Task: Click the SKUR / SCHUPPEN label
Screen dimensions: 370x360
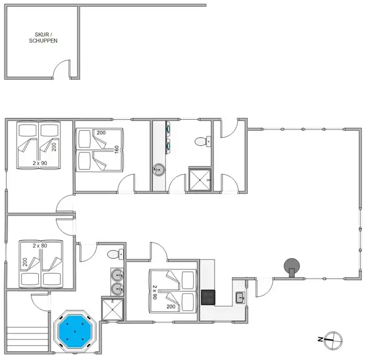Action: point(43,38)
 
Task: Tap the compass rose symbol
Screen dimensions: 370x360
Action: point(333,340)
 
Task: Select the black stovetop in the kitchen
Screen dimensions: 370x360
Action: point(208,297)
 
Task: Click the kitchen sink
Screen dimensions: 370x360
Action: point(240,298)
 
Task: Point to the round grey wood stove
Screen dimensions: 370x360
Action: point(292,267)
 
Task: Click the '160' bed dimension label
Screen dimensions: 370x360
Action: point(117,149)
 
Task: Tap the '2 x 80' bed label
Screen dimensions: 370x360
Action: point(40,246)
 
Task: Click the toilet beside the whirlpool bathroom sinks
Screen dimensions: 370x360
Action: point(115,254)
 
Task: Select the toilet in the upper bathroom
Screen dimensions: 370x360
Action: point(203,141)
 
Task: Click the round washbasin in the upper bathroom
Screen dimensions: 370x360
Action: point(158,170)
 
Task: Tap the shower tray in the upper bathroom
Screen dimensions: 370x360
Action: point(200,180)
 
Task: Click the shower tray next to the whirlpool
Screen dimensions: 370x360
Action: point(112,309)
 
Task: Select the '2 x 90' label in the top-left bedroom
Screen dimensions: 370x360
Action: point(40,163)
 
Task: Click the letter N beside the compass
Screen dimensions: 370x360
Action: point(320,340)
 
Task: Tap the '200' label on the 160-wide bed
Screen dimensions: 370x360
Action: point(101,133)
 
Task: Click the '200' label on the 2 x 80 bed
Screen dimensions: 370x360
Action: point(25,262)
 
